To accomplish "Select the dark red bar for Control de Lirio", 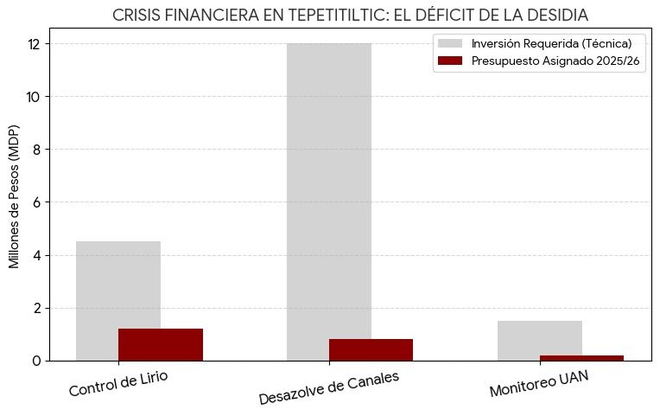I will tap(161, 344).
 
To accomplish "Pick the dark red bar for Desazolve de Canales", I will tap(371, 349).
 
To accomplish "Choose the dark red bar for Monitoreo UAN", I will tap(581, 357).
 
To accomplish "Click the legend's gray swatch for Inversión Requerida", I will tap(450, 43).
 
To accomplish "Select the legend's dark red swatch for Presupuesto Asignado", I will tap(450, 61).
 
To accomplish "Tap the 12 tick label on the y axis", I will tap(35, 44).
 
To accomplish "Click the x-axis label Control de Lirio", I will tap(118, 383).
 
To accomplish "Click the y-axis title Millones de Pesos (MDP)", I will tap(15, 196).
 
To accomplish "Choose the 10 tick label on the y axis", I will tap(35, 97).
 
